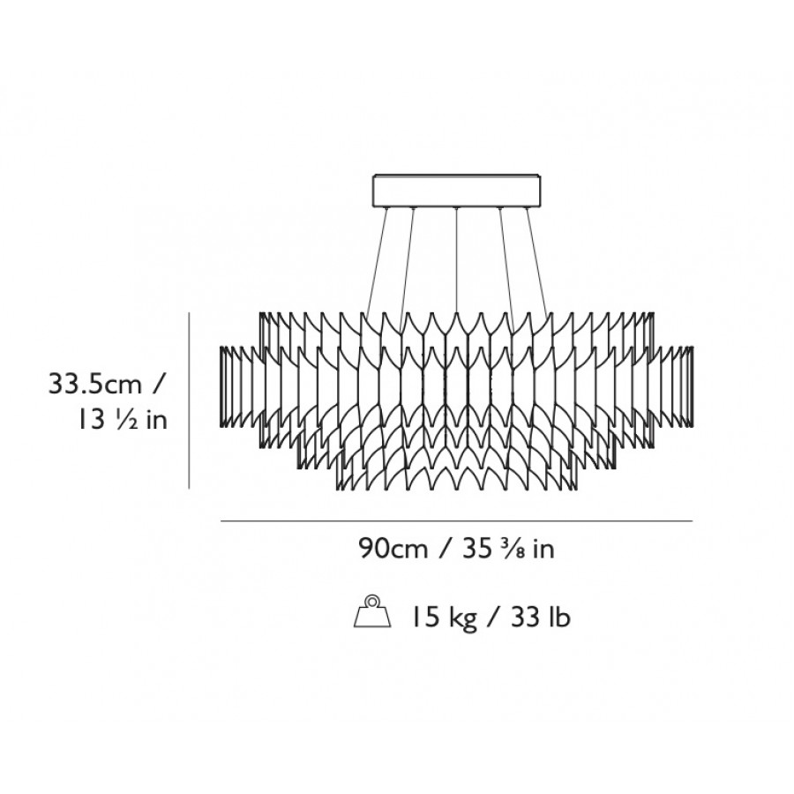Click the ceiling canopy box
[x=457, y=191]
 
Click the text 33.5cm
[x=95, y=384]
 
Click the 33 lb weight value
[x=541, y=617]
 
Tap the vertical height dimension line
[x=189, y=401]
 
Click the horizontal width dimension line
[x=457, y=521]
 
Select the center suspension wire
[x=457, y=261]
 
